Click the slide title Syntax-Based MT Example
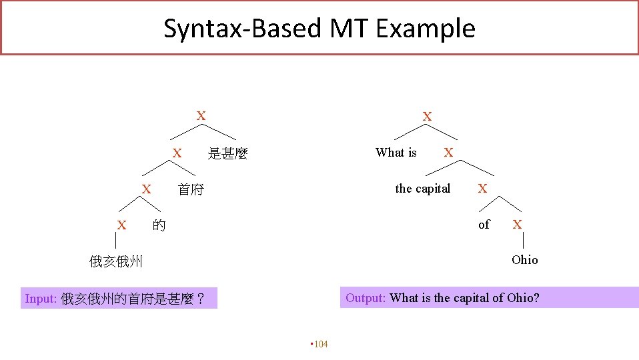click(x=319, y=29)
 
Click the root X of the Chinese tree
click(x=200, y=116)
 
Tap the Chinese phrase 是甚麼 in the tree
click(x=227, y=154)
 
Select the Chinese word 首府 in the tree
click(x=191, y=190)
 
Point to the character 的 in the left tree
click(x=159, y=225)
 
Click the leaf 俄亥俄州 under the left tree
click(x=116, y=261)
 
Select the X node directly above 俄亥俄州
click(x=121, y=225)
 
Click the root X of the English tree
click(x=427, y=117)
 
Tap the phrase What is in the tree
click(x=396, y=153)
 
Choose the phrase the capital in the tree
click(x=423, y=189)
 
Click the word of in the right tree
click(x=484, y=225)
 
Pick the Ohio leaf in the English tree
click(x=524, y=260)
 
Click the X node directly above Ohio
click(x=517, y=225)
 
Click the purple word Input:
click(x=41, y=299)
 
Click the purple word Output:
click(x=366, y=298)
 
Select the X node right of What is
click(x=448, y=153)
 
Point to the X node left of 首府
click(x=145, y=189)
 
